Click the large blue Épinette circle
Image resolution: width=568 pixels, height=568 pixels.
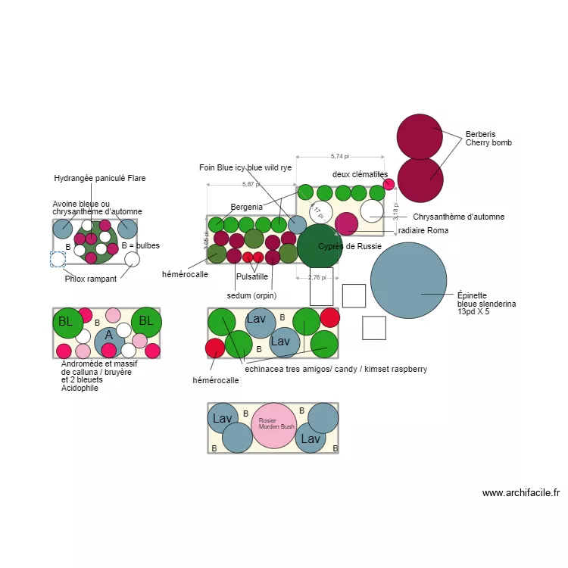(409, 279)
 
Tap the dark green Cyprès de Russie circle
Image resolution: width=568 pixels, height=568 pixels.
(319, 246)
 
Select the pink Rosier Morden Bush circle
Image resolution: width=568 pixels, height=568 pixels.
(273, 426)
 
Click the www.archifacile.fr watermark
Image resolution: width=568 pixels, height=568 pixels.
(520, 493)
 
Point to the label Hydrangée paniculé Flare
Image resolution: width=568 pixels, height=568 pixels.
(99, 179)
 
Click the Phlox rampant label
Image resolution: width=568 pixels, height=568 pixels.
(91, 279)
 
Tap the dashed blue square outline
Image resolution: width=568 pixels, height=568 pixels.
(58, 259)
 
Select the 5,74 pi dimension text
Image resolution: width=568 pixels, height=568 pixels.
(340, 156)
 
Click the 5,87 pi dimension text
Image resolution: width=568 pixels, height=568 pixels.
(251, 184)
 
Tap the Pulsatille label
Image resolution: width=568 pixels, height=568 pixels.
(252, 277)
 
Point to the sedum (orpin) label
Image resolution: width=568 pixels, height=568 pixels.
(251, 295)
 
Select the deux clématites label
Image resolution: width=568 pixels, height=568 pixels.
(360, 175)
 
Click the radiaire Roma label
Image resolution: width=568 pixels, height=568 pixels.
(423, 230)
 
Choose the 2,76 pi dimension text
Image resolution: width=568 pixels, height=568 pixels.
(317, 277)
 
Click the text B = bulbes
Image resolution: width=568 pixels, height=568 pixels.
(140, 246)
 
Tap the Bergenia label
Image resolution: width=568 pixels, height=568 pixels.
(246, 207)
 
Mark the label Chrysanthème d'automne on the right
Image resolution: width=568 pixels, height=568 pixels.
(458, 217)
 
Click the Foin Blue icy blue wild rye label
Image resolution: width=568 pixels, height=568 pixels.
(245, 167)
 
